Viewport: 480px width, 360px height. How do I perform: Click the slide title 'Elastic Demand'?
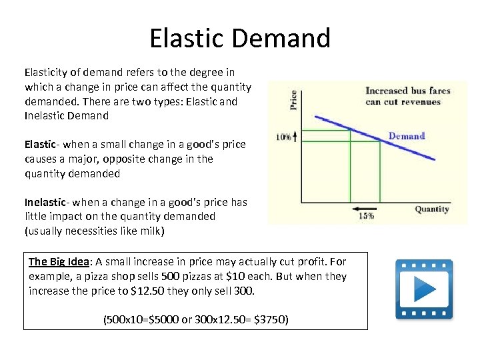point(240,38)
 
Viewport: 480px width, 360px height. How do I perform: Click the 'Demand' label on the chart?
point(406,136)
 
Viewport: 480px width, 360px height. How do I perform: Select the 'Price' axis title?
point(293,100)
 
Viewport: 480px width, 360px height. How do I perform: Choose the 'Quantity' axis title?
point(432,209)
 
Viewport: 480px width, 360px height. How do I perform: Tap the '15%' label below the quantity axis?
point(367,216)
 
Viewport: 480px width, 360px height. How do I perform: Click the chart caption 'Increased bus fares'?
point(407,91)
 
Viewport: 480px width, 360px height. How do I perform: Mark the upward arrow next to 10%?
point(295,136)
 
